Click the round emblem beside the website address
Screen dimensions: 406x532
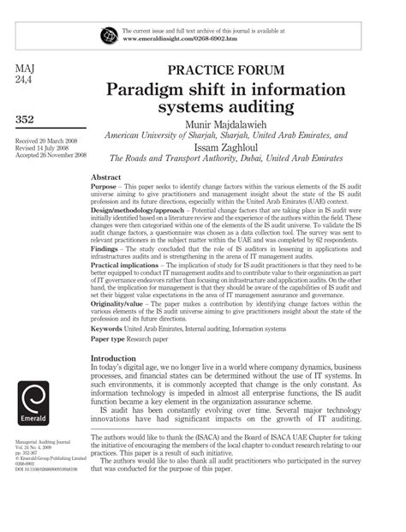(109, 35)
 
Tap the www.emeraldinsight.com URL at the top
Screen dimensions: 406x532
(181, 39)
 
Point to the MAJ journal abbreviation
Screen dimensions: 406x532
(29, 67)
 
